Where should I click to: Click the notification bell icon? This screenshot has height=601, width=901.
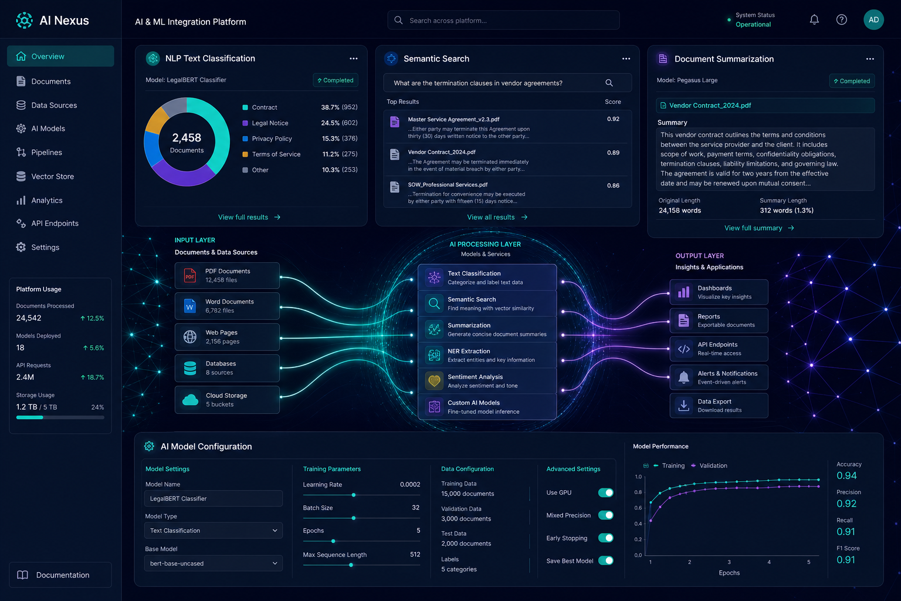(814, 20)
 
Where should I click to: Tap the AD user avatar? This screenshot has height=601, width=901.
(873, 20)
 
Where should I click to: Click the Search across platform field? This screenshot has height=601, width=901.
(503, 20)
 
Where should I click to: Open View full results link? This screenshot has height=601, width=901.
(249, 217)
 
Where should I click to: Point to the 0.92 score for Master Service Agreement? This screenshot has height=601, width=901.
(613, 119)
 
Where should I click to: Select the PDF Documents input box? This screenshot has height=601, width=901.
(227, 275)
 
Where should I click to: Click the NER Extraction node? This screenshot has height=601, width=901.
(487, 355)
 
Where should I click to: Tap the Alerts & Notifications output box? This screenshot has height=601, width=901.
(719, 377)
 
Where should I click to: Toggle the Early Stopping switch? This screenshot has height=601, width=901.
(605, 538)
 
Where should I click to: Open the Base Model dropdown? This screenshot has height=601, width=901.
(213, 563)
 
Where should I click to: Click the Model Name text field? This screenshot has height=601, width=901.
(213, 498)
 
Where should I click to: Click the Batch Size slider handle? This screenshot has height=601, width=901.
(354, 518)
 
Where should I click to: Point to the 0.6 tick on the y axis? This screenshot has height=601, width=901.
(638, 508)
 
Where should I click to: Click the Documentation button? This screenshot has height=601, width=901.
(60, 575)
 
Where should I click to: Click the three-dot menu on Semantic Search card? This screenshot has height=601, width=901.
(626, 59)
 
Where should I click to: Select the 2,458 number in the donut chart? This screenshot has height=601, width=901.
(187, 138)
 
